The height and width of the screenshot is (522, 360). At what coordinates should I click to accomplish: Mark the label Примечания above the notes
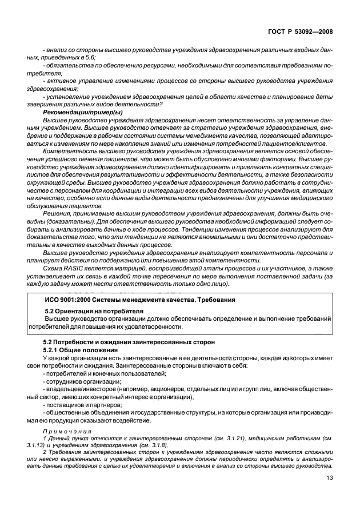tap(63, 432)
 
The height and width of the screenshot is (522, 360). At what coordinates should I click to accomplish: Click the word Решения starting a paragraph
tap(56, 213)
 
